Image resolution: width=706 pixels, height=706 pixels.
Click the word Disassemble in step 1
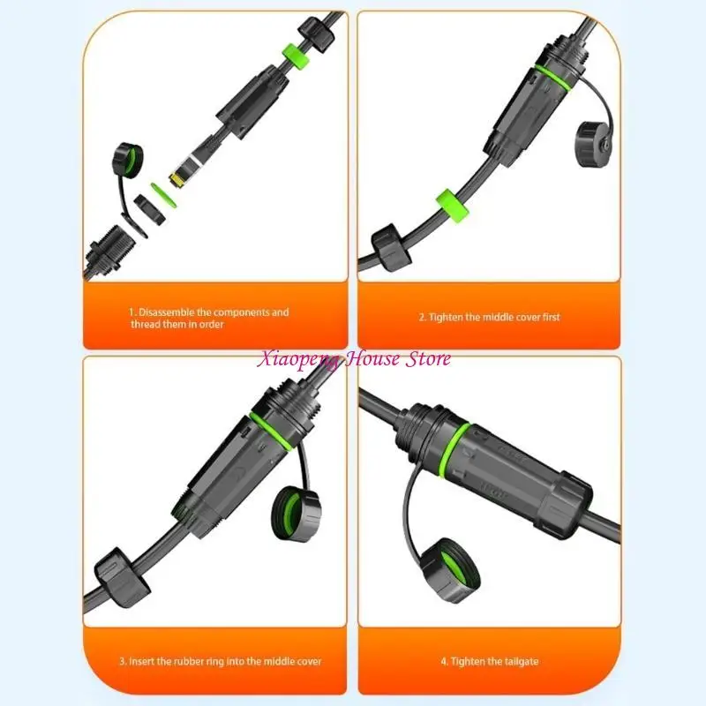click(x=166, y=312)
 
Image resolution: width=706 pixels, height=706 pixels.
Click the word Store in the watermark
click(x=428, y=359)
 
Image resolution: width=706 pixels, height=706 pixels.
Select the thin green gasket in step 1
click(x=162, y=195)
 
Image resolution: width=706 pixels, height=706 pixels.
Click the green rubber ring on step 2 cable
click(x=452, y=207)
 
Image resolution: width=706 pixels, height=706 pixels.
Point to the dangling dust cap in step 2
click(x=594, y=144)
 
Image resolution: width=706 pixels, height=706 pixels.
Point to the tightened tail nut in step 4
click(x=567, y=505)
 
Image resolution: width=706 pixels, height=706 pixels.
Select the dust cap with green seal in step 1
click(x=127, y=161)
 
